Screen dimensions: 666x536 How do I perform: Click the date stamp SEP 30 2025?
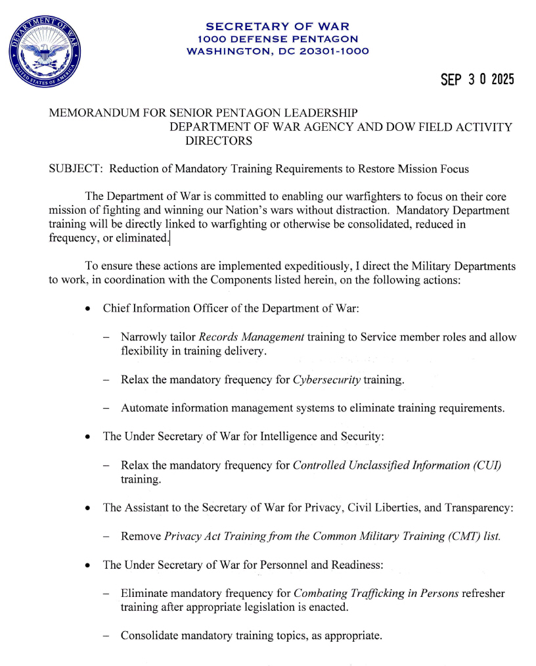477,80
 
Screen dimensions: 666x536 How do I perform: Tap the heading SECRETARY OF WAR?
277,27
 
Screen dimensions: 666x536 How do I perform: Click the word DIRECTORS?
219,141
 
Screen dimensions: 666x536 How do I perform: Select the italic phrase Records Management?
252,337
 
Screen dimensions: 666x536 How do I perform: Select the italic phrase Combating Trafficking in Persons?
376,593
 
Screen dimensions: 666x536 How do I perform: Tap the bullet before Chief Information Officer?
88,309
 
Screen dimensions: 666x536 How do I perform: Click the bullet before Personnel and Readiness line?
88,565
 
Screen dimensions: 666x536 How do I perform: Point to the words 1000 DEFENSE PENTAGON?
277,39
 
